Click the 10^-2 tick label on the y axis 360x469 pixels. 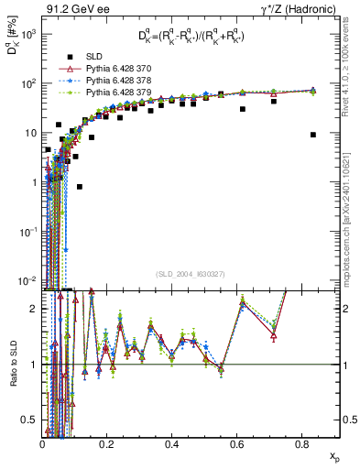[x=28, y=280]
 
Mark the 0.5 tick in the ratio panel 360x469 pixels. [x=30, y=420]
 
